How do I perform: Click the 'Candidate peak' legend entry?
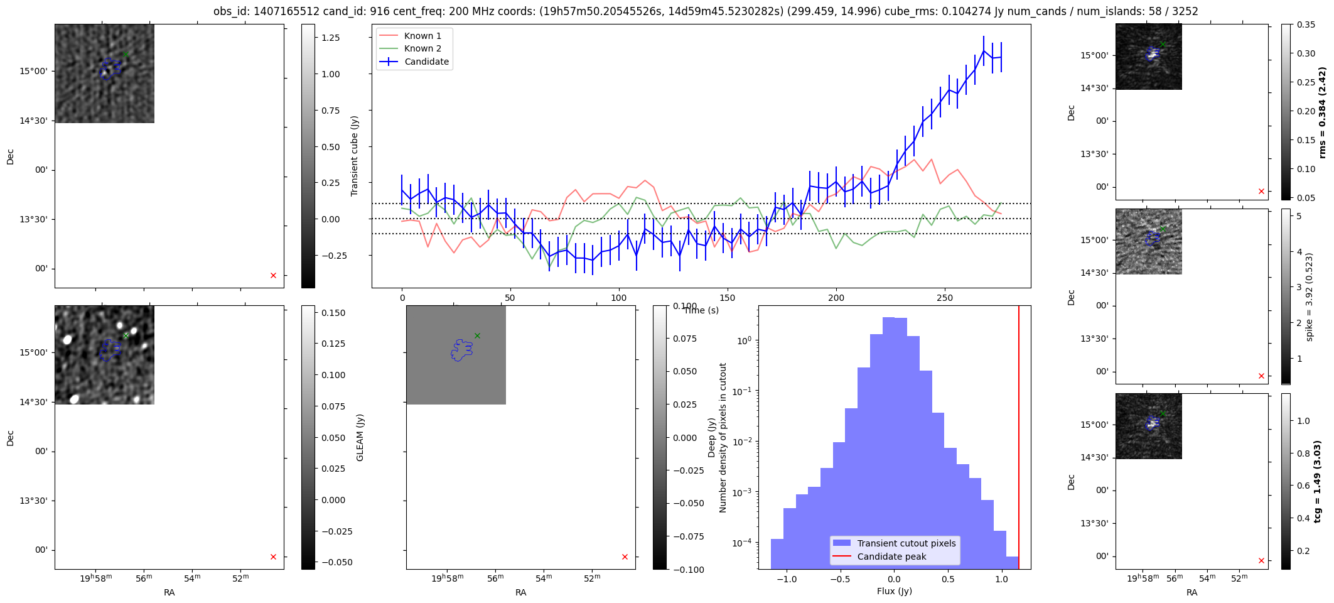pyautogui.click(x=891, y=557)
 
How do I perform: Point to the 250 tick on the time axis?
pyautogui.click(x=945, y=298)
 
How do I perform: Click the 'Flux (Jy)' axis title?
pyautogui.click(x=894, y=591)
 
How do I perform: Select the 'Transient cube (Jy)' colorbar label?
pyautogui.click(x=355, y=156)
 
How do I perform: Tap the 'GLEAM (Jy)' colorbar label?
pyautogui.click(x=360, y=437)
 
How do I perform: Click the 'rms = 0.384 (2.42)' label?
pyautogui.click(x=1322, y=112)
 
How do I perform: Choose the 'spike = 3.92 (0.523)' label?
pyautogui.click(x=1310, y=296)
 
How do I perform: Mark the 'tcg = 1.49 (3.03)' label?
pyautogui.click(x=1318, y=481)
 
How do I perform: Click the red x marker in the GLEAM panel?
pyautogui.click(x=273, y=557)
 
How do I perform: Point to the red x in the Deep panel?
pyautogui.click(x=625, y=557)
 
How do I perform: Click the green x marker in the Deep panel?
pyautogui.click(x=477, y=335)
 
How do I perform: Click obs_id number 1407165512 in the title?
pyautogui.click(x=287, y=11)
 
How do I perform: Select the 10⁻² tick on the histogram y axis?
pyautogui.click(x=744, y=442)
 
